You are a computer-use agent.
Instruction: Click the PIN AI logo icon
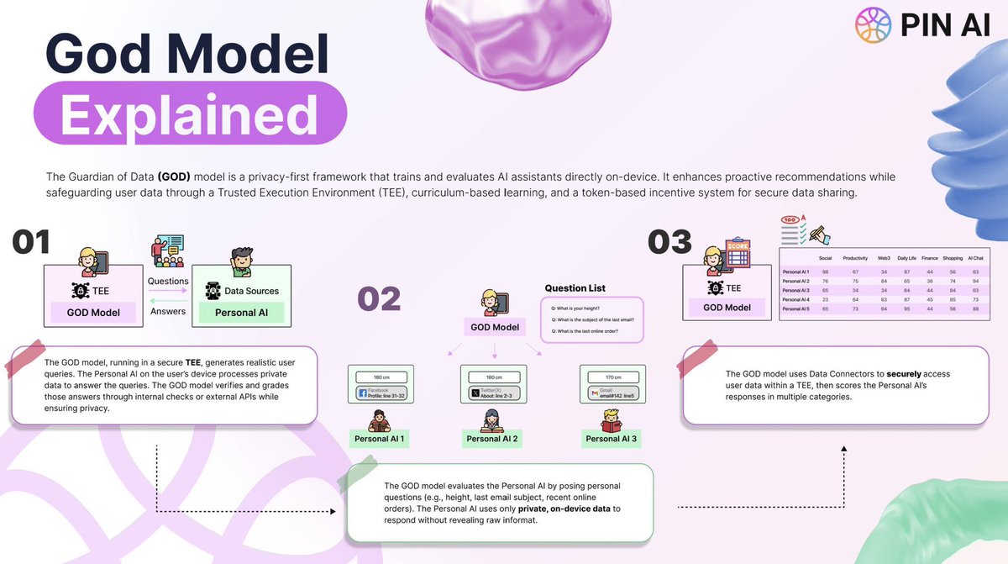click(x=872, y=25)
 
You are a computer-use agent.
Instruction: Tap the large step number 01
click(x=32, y=242)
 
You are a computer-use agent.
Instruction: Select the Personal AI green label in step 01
click(x=237, y=313)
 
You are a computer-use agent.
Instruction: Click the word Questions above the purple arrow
click(x=167, y=281)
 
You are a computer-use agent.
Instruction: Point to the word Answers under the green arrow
click(x=167, y=310)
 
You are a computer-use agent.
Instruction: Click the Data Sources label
click(x=251, y=291)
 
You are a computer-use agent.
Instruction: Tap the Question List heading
click(x=575, y=288)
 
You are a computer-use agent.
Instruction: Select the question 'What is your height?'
click(x=579, y=308)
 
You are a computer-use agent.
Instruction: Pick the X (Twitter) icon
click(x=475, y=393)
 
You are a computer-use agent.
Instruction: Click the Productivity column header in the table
click(x=854, y=258)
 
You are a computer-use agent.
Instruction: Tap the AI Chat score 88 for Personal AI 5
click(x=974, y=309)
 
